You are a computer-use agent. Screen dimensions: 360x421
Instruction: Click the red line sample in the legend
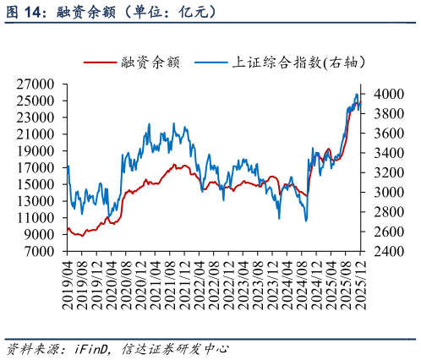(101, 63)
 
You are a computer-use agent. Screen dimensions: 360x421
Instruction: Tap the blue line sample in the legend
(210, 63)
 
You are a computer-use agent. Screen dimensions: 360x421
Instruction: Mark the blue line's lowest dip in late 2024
(305, 221)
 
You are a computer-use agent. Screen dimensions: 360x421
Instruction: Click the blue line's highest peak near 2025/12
(356, 94)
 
